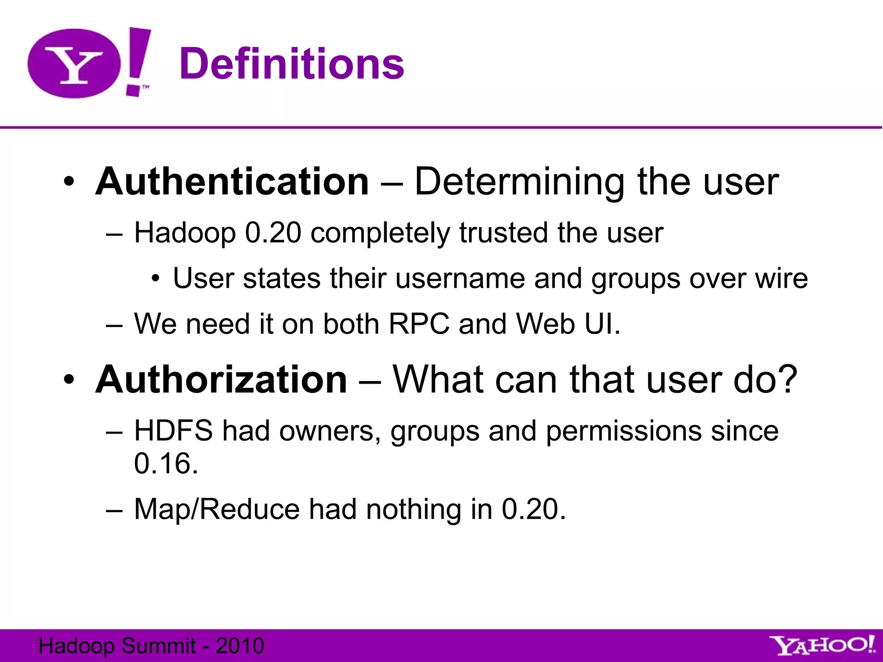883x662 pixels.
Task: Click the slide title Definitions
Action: pos(291,64)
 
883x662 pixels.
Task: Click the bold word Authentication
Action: pos(232,182)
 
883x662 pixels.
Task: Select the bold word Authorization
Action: pos(221,380)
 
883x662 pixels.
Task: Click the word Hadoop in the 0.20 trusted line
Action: pos(185,234)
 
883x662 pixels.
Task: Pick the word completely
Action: pos(379,234)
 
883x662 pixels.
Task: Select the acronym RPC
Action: pos(419,324)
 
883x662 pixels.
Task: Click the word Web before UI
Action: pos(545,324)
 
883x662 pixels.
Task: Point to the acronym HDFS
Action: pos(173,431)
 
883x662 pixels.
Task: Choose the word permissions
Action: pos(623,431)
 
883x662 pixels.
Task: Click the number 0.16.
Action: pos(166,464)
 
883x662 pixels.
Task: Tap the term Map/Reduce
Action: pos(217,509)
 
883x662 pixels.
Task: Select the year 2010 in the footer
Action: pos(240,646)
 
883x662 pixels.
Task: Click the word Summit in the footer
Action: pos(159,646)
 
